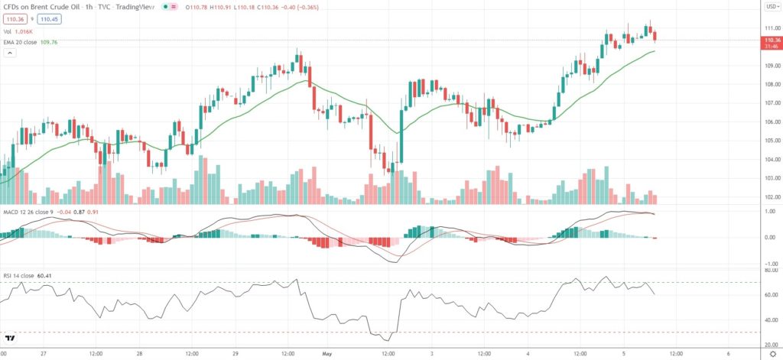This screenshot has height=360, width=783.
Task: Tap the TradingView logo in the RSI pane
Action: click(x=11, y=338)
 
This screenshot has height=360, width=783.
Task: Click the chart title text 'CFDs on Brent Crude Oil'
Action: click(x=42, y=7)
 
